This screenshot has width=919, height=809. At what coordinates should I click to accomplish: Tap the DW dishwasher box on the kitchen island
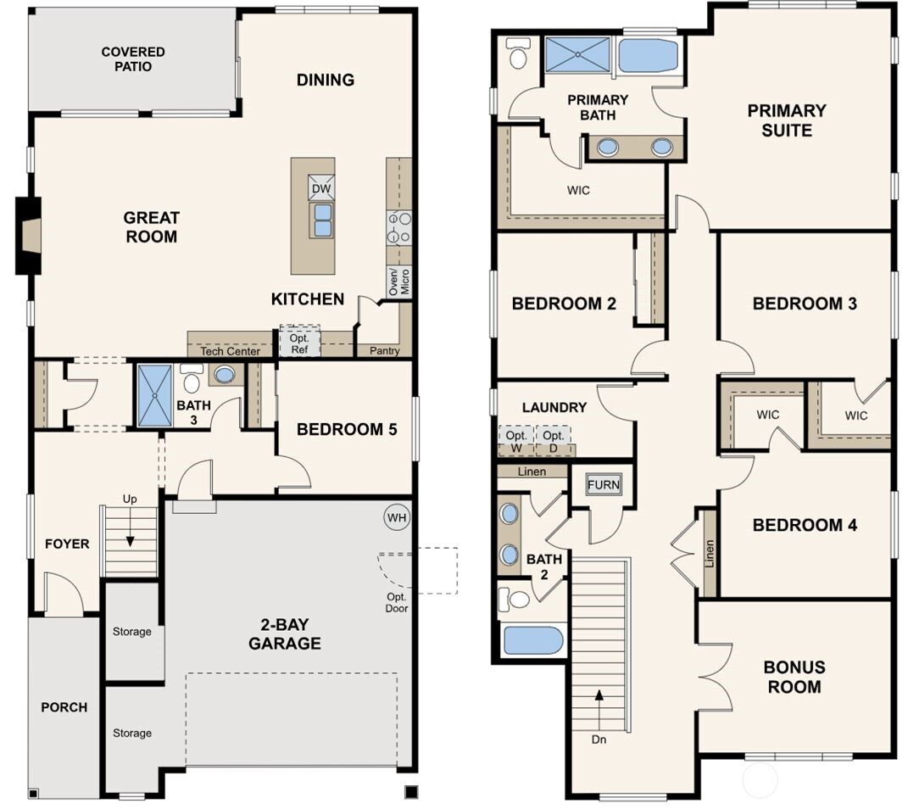click(322, 189)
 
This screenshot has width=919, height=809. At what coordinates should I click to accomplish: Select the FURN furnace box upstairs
click(603, 485)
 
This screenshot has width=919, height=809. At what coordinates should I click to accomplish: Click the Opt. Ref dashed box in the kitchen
click(300, 341)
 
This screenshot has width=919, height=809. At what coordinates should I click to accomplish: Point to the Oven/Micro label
click(398, 282)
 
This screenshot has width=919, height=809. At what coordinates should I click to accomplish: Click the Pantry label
click(384, 350)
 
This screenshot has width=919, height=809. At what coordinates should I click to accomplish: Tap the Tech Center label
click(230, 351)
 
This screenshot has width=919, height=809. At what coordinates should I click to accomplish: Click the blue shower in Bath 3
click(154, 395)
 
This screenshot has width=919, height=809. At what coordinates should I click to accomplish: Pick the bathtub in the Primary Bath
click(648, 55)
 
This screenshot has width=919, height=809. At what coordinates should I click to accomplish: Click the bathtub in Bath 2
click(533, 639)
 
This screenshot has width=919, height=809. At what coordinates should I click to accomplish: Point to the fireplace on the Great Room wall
click(29, 236)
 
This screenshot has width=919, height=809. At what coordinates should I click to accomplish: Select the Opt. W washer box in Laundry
click(516, 440)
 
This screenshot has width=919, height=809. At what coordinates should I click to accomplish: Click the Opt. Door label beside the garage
click(397, 602)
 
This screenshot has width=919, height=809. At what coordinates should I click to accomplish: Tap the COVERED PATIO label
click(133, 59)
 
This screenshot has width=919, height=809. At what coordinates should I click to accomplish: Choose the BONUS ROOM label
click(794, 677)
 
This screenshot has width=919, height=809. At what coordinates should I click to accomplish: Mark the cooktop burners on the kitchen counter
click(398, 227)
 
